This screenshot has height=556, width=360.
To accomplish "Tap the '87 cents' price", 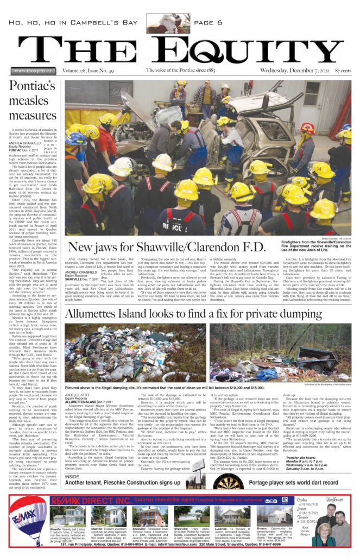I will tap(343, 71).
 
